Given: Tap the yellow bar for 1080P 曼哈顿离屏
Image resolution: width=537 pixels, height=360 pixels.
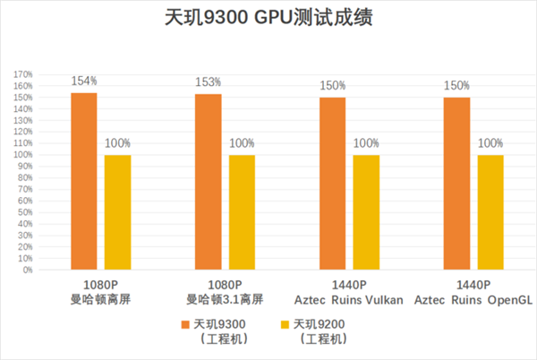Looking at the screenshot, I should pyautogui.click(x=118, y=212).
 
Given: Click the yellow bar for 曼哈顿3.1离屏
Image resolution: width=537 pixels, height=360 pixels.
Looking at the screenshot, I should pyautogui.click(x=243, y=212).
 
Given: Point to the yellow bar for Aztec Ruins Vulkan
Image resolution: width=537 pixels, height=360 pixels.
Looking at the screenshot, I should pyautogui.click(x=367, y=212).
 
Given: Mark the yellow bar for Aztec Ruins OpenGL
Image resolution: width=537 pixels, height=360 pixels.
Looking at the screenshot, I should pyautogui.click(x=490, y=212).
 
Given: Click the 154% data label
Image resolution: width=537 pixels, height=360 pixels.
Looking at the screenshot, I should pyautogui.click(x=84, y=81).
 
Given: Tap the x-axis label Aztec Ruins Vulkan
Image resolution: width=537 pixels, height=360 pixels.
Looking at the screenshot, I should pyautogui.click(x=349, y=299).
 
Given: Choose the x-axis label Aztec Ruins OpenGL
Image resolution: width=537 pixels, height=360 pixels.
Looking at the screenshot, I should pyautogui.click(x=473, y=299).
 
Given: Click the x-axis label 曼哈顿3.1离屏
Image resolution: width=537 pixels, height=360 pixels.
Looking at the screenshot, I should pyautogui.click(x=225, y=299).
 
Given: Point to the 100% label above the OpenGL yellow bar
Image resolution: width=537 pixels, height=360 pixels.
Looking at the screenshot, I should pyautogui.click(x=490, y=143).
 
